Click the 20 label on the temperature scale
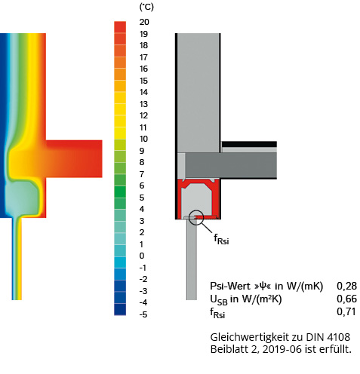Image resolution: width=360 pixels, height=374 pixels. pos(144,22)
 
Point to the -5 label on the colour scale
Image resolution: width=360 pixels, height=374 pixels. pos(143,314)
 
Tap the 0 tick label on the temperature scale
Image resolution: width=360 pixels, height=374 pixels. pos(142,256)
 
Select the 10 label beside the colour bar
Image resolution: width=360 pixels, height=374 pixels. pos(143,139)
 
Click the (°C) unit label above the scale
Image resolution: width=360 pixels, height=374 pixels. pos(146,7)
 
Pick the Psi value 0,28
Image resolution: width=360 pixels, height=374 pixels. pos(346,286)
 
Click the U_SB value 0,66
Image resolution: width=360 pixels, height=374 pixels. pos(346,299)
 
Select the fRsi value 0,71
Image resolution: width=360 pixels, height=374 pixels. pos(346,311)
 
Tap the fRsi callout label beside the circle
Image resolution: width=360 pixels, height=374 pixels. pos(221,239)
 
